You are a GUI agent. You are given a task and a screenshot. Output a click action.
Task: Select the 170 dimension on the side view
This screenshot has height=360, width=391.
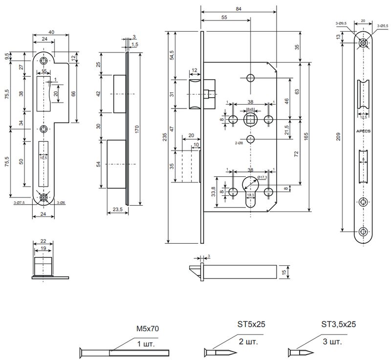tap(137, 129)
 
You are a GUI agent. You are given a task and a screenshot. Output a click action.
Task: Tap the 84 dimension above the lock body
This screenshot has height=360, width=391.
tap(239, 8)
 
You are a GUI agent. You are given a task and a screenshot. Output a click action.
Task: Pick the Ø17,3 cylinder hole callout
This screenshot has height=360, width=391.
tap(264, 177)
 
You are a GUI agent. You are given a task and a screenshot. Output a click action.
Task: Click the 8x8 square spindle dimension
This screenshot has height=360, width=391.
tap(250, 108)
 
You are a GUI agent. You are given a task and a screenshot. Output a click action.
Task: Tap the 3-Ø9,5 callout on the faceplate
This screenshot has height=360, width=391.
tap(341, 23)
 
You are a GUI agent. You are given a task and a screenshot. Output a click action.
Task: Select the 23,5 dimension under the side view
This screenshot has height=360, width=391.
tap(117, 209)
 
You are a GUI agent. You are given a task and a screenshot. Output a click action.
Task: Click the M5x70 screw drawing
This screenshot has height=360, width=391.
tap(122, 352)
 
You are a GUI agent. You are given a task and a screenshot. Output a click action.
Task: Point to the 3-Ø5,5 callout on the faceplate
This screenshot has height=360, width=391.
tap(383, 23)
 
